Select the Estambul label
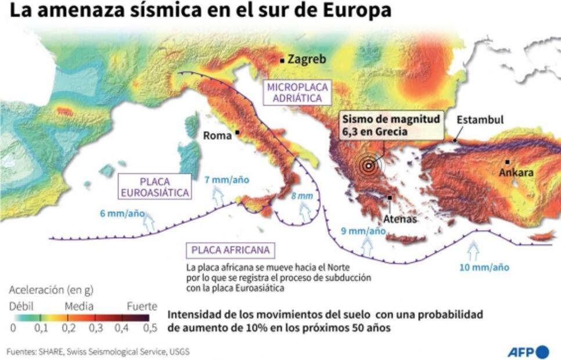click(x=480, y=120)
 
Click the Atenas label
click(x=400, y=219)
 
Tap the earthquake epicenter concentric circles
click(x=368, y=165)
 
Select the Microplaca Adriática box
click(x=297, y=92)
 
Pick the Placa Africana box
click(x=231, y=250)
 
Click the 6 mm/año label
click(x=122, y=213)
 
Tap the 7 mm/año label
click(x=226, y=179)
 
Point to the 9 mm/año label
click(x=363, y=231)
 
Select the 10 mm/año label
click(x=484, y=267)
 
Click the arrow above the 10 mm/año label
click(x=473, y=251)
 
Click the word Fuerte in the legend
click(x=142, y=305)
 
